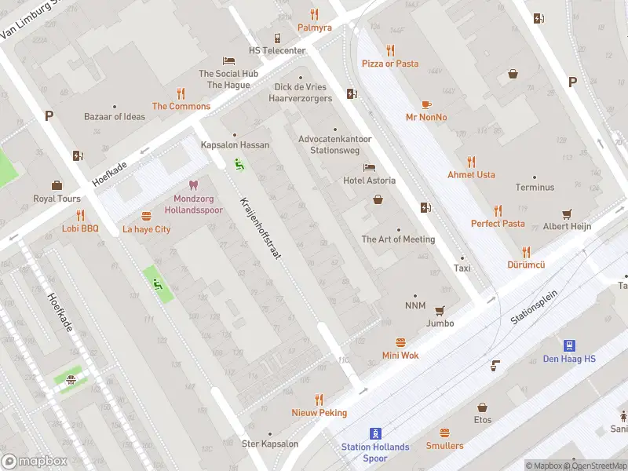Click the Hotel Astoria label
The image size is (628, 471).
(x=369, y=181)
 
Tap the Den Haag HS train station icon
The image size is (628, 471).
(x=569, y=345)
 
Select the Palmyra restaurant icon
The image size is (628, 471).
(x=314, y=13)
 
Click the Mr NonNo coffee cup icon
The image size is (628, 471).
(x=426, y=104)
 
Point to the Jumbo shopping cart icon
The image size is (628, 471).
(x=440, y=310)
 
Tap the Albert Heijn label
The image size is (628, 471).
(x=567, y=227)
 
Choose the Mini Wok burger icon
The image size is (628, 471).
(x=400, y=342)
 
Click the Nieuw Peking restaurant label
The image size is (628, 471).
(x=319, y=413)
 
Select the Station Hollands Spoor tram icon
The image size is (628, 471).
(x=375, y=433)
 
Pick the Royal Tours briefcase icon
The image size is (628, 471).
(x=57, y=185)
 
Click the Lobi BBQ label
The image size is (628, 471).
(x=80, y=229)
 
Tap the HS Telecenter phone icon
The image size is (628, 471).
(x=277, y=38)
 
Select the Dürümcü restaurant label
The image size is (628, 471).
(x=526, y=265)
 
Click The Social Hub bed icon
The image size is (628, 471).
(x=228, y=60)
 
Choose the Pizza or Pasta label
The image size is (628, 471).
(x=389, y=64)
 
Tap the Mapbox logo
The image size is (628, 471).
(x=33, y=462)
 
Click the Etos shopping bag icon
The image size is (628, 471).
(x=483, y=407)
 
